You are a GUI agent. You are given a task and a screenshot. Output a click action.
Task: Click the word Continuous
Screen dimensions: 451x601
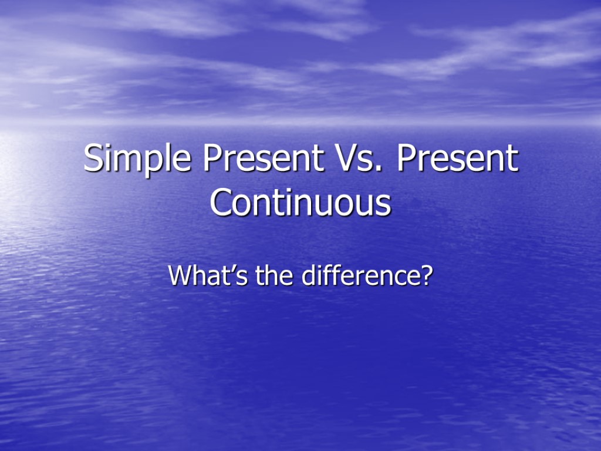pos(300,203)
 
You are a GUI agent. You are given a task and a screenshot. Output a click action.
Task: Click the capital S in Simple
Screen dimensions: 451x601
pos(93,159)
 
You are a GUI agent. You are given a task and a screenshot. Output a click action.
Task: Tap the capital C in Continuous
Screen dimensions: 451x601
pos(221,203)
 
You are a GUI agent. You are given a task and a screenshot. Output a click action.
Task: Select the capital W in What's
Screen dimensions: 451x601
pos(179,275)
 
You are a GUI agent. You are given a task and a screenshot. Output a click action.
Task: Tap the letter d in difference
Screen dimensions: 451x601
pos(309,275)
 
